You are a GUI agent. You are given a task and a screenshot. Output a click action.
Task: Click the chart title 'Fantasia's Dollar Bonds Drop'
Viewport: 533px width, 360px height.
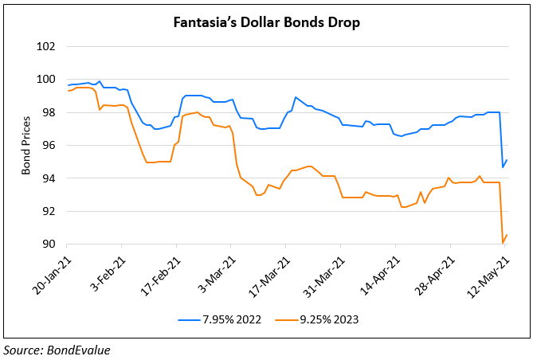click(x=266, y=22)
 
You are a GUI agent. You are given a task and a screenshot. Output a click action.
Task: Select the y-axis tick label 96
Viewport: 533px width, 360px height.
click(x=48, y=145)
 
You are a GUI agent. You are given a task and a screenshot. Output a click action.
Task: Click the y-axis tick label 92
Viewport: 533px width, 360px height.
click(x=48, y=211)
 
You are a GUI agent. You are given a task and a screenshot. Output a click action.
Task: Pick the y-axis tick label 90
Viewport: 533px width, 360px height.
click(x=48, y=244)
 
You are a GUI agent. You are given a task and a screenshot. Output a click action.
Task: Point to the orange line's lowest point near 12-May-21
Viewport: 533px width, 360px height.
click(x=503, y=243)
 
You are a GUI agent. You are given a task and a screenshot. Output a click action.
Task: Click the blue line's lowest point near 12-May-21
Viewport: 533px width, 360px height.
click(x=503, y=167)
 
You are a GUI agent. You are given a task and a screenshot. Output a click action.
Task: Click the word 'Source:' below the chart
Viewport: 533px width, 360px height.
click(x=22, y=349)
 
